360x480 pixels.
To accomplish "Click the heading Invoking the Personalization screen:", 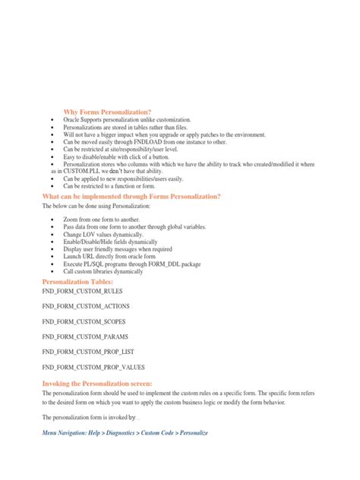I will coord(96,384).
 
